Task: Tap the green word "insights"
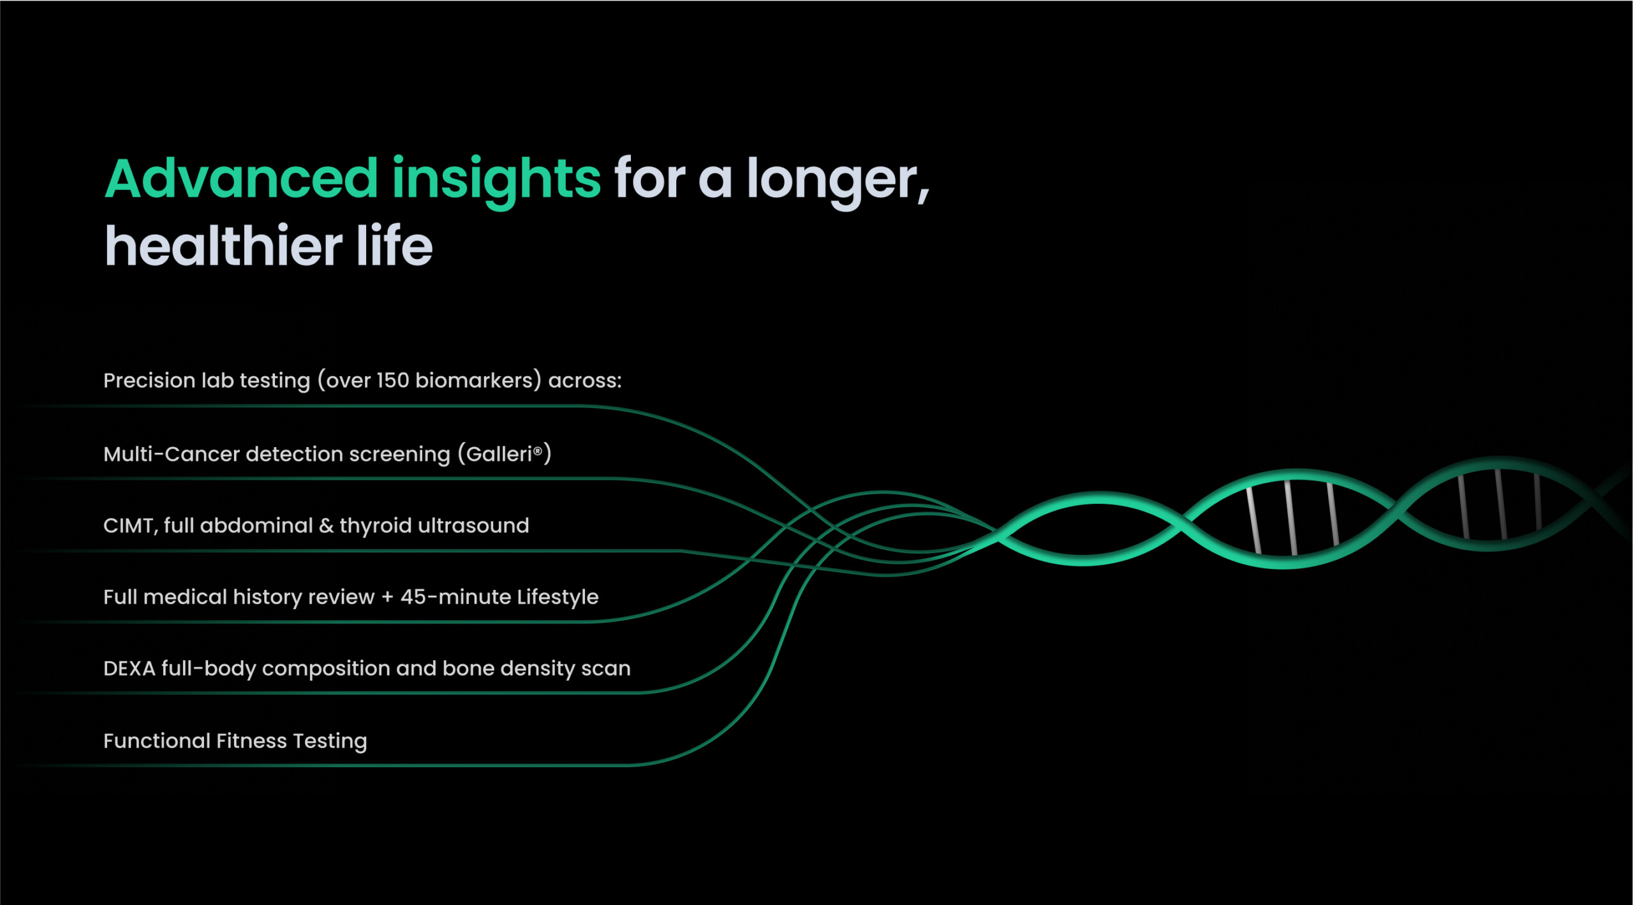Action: pyautogui.click(x=496, y=182)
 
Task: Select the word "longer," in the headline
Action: pyautogui.click(x=838, y=182)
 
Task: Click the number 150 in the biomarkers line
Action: pyautogui.click(x=392, y=381)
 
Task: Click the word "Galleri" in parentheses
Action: pyautogui.click(x=499, y=454)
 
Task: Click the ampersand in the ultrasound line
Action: pyautogui.click(x=326, y=526)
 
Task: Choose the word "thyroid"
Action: pyautogui.click(x=376, y=527)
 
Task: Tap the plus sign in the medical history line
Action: pyautogui.click(x=387, y=598)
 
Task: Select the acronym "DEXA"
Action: pyautogui.click(x=129, y=669)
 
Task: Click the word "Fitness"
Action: pyautogui.click(x=252, y=741)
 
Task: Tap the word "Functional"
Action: pyautogui.click(x=157, y=741)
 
